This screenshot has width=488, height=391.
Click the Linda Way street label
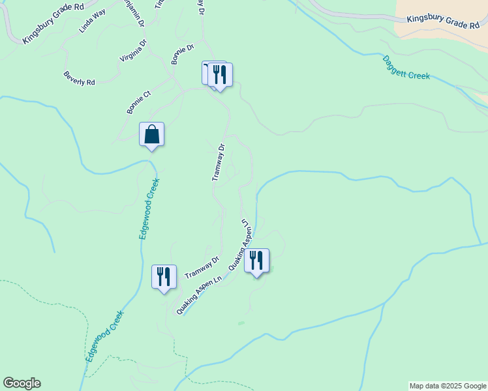click(92, 21)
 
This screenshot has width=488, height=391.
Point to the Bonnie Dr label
click(183, 54)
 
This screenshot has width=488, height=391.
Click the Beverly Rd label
click(80, 78)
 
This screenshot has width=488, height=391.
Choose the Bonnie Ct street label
click(139, 102)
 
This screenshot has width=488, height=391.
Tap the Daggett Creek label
click(406, 67)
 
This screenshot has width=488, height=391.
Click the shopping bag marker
click(151, 135)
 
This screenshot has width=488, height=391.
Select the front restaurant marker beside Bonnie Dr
click(220, 76)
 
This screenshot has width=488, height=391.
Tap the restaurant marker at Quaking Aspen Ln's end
click(256, 261)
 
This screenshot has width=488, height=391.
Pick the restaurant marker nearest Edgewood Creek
click(164, 276)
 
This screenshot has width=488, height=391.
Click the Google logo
click(22, 383)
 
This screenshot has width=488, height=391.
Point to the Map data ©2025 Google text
click(448, 386)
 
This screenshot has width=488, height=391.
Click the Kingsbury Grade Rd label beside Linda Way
click(53, 27)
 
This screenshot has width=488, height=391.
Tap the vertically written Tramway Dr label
click(219, 163)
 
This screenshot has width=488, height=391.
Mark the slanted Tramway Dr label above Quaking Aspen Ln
click(202, 267)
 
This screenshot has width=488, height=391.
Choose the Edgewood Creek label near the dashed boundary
click(105, 336)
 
